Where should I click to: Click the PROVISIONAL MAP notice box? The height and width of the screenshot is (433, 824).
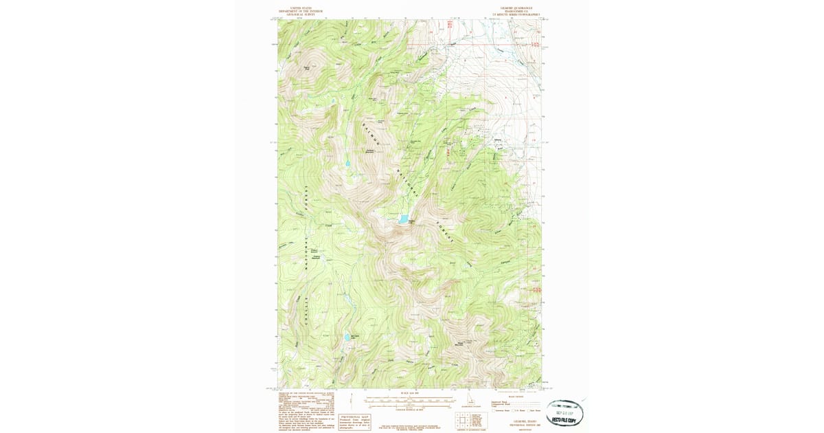(355, 421)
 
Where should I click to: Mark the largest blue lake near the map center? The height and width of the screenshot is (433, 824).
(404, 220)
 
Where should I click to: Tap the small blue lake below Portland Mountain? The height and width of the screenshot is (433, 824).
(347, 164)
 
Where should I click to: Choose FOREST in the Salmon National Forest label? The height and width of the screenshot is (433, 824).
(444, 233)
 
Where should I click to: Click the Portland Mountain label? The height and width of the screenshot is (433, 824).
(369, 151)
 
